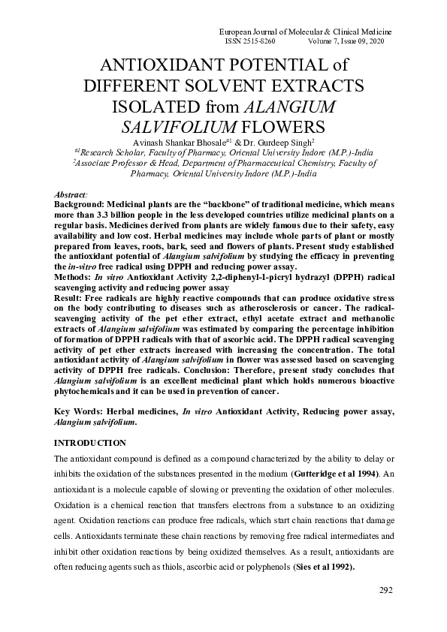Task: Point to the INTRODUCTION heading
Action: click(91, 443)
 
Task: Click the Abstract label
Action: click(71, 194)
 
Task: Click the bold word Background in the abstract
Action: click(80, 204)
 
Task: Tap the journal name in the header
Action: click(304, 32)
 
